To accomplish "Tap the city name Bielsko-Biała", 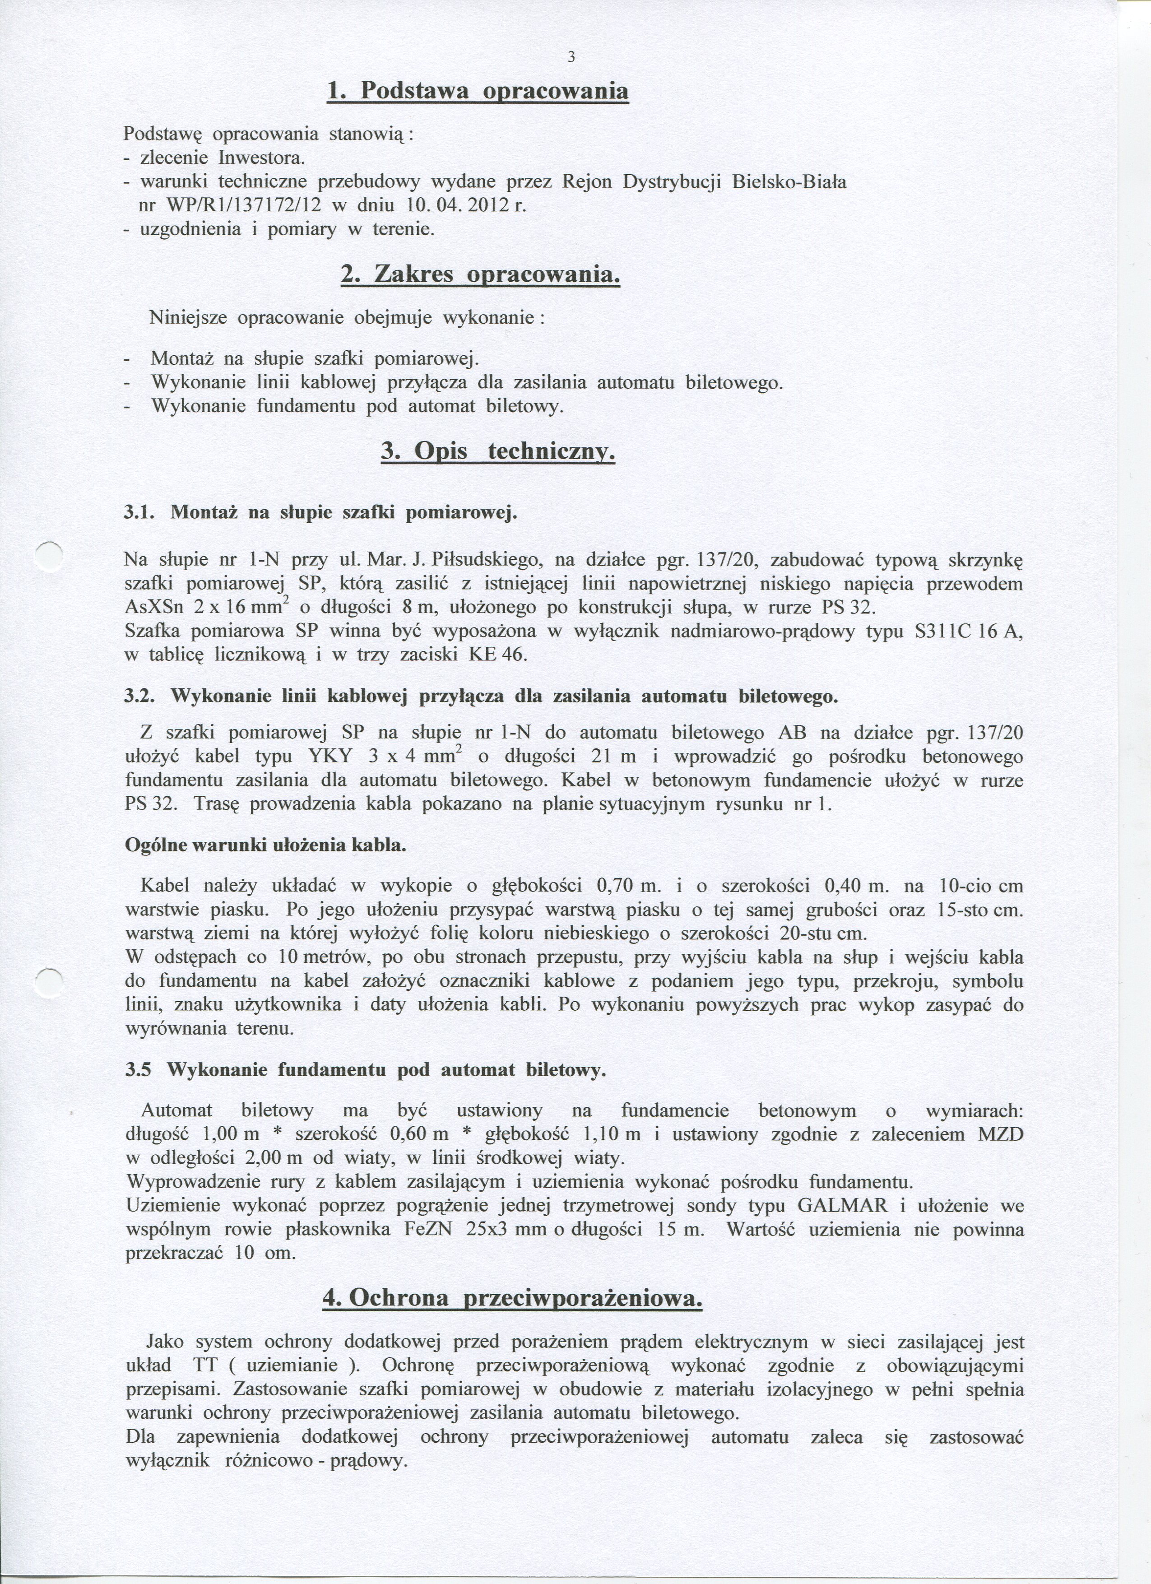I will (789, 182).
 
